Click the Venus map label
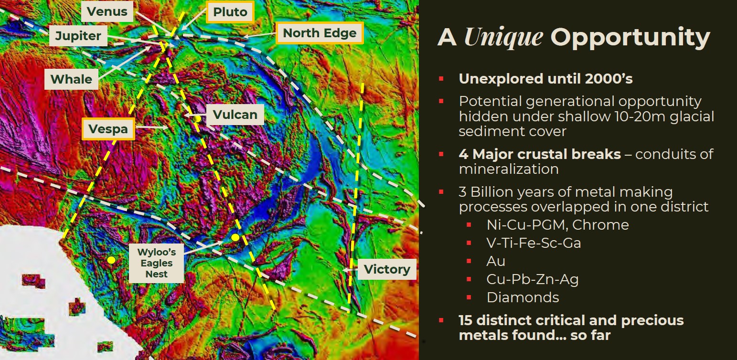point(107,11)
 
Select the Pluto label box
point(230,12)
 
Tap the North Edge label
point(320,33)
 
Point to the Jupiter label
point(78,35)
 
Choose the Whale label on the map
point(71,79)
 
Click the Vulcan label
point(235,115)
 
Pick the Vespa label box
point(108,129)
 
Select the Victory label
point(387,269)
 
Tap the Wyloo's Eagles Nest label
point(156,263)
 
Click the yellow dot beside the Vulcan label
point(197,119)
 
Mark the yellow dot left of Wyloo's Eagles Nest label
point(112,260)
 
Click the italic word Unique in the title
point(503,37)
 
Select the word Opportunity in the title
point(630,37)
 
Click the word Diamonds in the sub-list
point(523,297)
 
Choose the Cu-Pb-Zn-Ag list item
point(533,279)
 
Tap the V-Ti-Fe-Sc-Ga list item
point(534,243)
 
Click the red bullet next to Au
point(469,261)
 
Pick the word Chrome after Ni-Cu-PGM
point(600,225)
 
